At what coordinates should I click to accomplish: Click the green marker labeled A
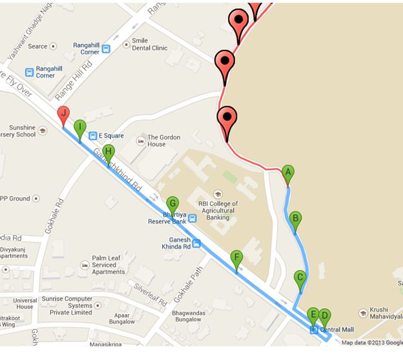[x=289, y=173]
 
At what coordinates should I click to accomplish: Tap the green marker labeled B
[x=295, y=218]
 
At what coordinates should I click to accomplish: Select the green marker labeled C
[x=300, y=278]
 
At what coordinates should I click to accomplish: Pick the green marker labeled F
[x=236, y=259]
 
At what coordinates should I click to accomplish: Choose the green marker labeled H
[x=108, y=153]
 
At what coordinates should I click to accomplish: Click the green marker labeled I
[x=79, y=127]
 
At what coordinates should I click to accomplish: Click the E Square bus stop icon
[x=93, y=136]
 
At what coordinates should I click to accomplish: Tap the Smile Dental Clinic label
[x=149, y=44]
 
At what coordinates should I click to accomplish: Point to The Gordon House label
[x=167, y=141]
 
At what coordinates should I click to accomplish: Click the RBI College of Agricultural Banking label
[x=218, y=210]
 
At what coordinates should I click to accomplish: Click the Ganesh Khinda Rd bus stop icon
[x=196, y=244]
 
